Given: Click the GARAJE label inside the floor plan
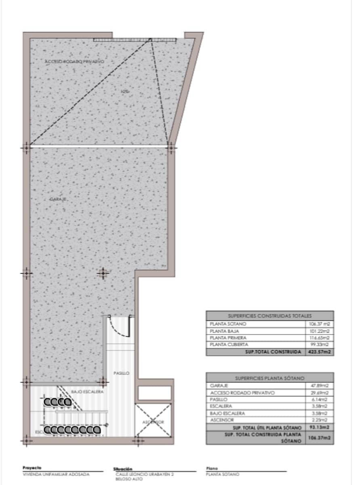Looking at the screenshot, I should click(58, 199).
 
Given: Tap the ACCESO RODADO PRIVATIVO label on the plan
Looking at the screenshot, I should click(74, 61).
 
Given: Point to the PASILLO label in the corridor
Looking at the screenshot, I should click(121, 373).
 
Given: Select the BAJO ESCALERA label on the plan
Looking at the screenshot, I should click(87, 392).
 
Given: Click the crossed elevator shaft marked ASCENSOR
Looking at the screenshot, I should click(153, 420).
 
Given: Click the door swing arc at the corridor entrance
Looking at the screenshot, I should click(122, 327).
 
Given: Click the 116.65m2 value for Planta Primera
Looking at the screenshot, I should click(319, 338).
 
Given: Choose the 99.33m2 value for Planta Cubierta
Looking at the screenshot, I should click(319, 345).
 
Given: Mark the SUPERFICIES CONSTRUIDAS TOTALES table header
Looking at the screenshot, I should click(269, 316).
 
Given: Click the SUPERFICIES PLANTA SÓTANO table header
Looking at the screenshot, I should click(269, 378).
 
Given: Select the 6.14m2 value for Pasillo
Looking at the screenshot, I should click(319, 399).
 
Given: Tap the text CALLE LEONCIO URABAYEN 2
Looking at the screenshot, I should click(145, 474).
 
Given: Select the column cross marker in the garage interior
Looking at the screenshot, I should click(103, 274).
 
